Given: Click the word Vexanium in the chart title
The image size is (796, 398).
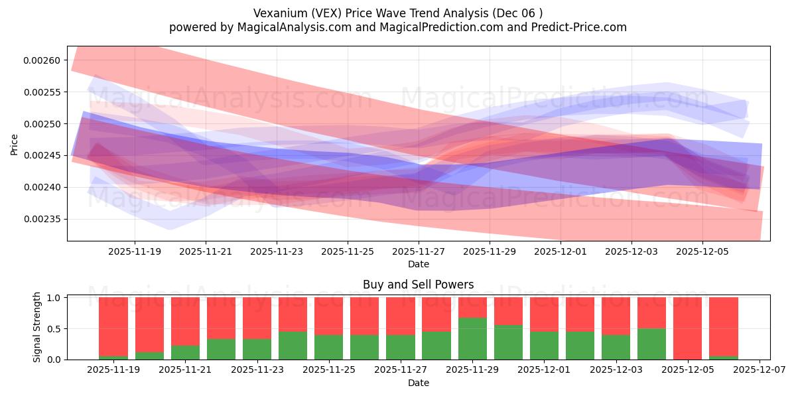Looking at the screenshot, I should pos(275,13).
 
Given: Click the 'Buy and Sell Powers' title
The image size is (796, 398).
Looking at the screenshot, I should pos(418,285).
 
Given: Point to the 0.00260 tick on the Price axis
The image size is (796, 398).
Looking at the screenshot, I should pos(42,60).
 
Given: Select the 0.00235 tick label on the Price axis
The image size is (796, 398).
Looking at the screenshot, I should pos(42,220).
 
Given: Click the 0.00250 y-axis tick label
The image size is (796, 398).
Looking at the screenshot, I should pos(42,124).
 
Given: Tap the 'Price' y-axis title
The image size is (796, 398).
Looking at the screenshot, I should pos(14,143).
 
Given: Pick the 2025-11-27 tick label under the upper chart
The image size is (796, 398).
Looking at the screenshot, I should pos(419,251).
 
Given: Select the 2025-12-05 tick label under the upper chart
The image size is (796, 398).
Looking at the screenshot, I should pos(702,251).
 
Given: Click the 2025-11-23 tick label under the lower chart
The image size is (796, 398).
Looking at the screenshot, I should pos(257,370).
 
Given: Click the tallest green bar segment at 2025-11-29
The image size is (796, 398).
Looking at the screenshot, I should pos(472,339).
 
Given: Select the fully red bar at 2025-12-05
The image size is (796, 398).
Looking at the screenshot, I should pos(687,328).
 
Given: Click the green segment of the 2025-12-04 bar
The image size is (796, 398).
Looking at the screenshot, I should pos(651,344).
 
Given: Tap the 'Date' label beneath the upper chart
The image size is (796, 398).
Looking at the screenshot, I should pos(418,264).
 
